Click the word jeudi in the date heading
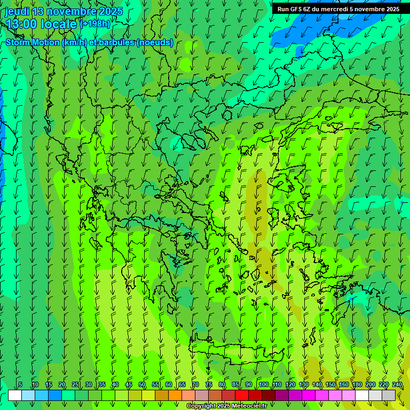coord(17,11)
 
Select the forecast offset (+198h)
coord(95,24)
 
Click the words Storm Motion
coord(33,43)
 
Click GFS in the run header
coord(296,9)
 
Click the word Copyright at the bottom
coord(202,406)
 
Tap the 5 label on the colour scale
coord(20,385)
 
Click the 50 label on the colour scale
coord(142,385)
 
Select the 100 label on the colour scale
coord(263,385)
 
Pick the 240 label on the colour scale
coord(397,385)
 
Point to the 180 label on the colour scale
coord(356,385)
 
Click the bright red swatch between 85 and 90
coord(242,395)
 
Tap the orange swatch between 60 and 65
coord(175,395)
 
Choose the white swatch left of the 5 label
coord(15,395)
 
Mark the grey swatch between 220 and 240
coord(389,395)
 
